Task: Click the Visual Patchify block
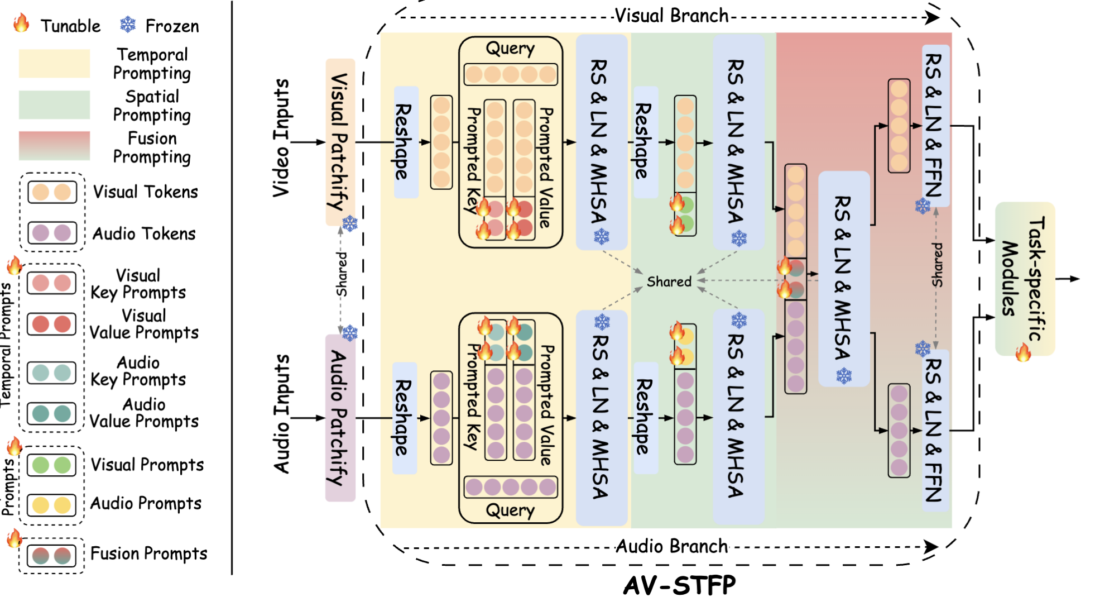tap(340, 142)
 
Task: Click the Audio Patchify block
tap(340, 418)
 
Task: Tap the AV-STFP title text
tap(679, 585)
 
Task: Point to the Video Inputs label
tap(281, 137)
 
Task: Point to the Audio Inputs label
tap(281, 414)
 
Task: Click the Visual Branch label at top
tap(671, 16)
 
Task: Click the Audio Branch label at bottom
tap(671, 546)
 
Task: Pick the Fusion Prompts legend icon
tap(51, 556)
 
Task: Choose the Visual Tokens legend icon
tap(51, 192)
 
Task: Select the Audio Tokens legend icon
tap(51, 232)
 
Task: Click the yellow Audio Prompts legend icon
tap(51, 505)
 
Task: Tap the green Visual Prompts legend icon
tap(51, 465)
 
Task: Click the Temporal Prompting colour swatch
tap(54, 63)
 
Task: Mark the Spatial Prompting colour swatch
tap(54, 105)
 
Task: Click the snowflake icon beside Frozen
tap(128, 25)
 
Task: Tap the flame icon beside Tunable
tap(21, 23)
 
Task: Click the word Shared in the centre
tap(669, 281)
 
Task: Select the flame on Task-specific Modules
tap(1023, 352)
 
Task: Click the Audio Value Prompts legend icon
tap(51, 414)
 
